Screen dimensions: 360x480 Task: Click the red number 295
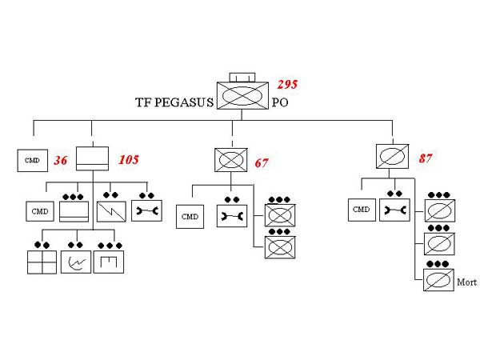(287, 85)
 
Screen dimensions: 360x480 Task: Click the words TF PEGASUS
(174, 102)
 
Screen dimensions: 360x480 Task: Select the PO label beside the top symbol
(280, 102)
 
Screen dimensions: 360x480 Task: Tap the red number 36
(61, 161)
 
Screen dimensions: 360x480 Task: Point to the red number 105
(128, 160)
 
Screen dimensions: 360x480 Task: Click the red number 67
(262, 163)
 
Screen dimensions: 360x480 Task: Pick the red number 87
(426, 158)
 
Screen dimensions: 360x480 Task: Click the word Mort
(466, 282)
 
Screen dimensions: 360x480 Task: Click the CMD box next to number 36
(32, 161)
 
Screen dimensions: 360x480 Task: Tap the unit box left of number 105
(92, 158)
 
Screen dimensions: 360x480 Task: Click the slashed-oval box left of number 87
(394, 155)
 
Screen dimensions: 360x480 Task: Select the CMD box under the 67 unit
(190, 216)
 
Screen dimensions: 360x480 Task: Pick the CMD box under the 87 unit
(362, 210)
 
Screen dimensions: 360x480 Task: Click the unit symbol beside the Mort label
(438, 281)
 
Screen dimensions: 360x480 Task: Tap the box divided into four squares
(42, 262)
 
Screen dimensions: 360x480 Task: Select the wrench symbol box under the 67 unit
(232, 216)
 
